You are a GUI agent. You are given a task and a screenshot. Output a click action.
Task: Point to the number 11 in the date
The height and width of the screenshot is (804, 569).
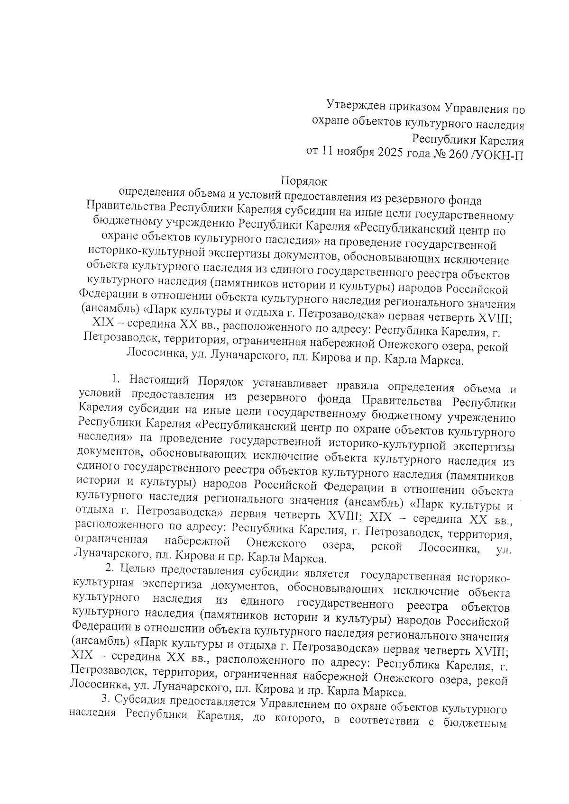pyautogui.click(x=327, y=152)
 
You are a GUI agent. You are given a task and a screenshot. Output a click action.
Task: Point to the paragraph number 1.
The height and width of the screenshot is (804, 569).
pyautogui.click(x=114, y=379)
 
